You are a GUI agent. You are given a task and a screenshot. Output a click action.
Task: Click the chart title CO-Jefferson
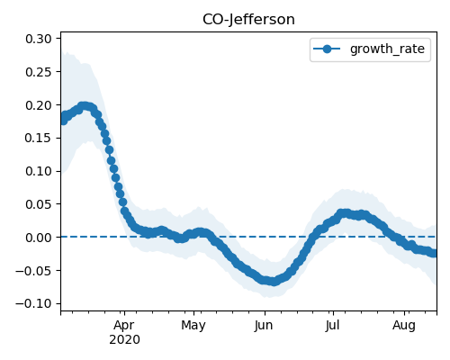pos(248,20)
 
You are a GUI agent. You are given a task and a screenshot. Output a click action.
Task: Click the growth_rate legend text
pos(387,49)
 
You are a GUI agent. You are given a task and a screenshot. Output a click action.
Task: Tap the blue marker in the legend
pos(327,49)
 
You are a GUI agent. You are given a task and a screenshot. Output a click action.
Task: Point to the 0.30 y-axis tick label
pos(39,39)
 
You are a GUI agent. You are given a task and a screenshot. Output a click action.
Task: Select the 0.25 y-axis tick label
pos(39,72)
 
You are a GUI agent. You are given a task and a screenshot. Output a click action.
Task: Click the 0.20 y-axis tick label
pos(39,105)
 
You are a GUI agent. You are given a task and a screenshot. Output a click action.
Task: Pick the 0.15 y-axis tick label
pos(39,139)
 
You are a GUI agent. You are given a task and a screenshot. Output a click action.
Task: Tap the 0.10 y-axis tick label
pos(39,171)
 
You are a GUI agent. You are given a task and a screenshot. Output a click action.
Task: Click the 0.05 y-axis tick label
pos(39,204)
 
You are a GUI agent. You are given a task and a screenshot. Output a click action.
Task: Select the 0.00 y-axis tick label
pos(39,238)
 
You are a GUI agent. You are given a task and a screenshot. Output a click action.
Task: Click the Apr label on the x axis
pos(124,326)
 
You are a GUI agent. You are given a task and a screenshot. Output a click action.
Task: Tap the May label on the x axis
pos(193,326)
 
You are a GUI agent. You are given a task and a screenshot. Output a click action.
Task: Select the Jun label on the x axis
pos(264,326)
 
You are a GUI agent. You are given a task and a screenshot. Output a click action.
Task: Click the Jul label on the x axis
pos(333,325)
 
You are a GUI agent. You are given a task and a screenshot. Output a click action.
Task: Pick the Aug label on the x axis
pos(404,326)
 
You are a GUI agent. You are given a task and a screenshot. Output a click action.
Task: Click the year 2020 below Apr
pos(124,340)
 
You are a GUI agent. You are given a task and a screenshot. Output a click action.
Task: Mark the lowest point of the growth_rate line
pos(274,282)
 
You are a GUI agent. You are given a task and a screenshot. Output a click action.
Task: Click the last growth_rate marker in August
pos(434,253)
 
